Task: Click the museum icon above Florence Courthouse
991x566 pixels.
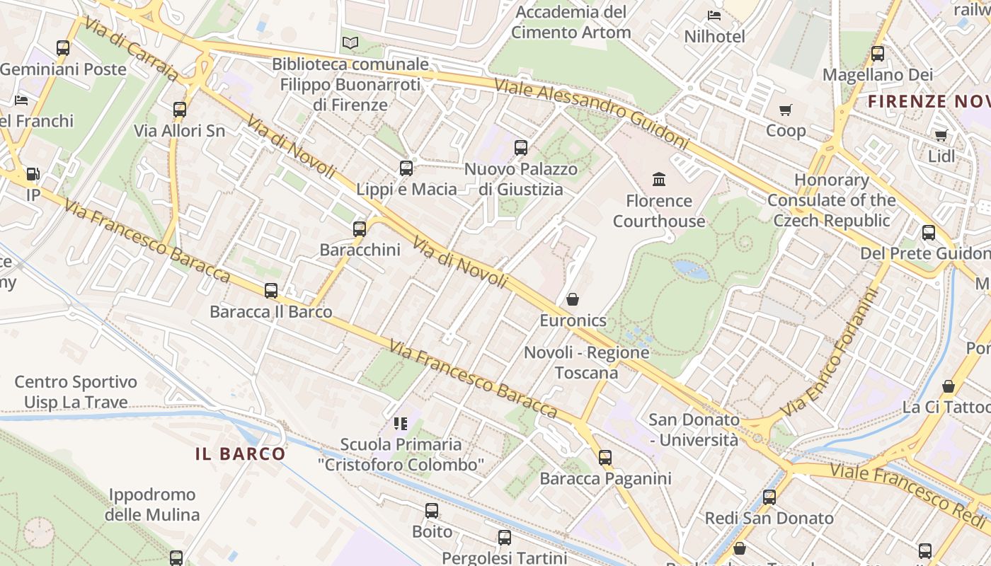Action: (x=659, y=179)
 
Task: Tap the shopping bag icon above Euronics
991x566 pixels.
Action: (x=573, y=299)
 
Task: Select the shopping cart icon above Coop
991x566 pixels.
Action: (x=785, y=110)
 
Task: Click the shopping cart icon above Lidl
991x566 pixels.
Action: (x=941, y=135)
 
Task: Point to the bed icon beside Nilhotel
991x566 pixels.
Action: (x=714, y=15)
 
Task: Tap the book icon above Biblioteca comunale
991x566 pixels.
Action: (x=350, y=42)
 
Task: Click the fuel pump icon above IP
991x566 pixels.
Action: (x=33, y=174)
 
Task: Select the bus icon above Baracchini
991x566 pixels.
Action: (x=360, y=229)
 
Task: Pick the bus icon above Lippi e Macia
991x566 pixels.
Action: (x=406, y=168)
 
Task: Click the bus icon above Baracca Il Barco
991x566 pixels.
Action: (x=271, y=290)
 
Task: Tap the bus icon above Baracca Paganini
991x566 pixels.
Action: (x=605, y=457)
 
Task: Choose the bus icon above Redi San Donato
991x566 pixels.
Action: (x=769, y=497)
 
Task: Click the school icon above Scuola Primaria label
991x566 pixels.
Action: (x=401, y=423)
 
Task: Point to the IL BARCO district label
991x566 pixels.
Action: (x=241, y=454)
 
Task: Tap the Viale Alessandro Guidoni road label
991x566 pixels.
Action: (x=591, y=113)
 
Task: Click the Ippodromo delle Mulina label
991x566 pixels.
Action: (x=152, y=504)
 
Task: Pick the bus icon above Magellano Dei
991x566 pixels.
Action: (x=878, y=53)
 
